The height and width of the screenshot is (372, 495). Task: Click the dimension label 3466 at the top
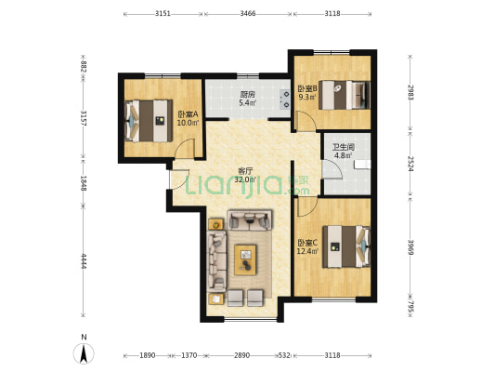click(248, 13)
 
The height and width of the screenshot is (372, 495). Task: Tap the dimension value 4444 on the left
click(84, 260)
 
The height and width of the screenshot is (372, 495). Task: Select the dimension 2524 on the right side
click(410, 164)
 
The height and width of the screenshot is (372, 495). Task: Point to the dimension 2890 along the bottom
click(241, 355)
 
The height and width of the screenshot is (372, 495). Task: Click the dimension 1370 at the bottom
click(189, 355)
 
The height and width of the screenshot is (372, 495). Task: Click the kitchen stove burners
click(284, 99)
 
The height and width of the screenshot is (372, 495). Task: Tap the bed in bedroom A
click(149, 121)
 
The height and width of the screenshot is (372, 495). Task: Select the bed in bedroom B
click(345, 95)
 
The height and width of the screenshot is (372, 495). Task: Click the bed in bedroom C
click(346, 246)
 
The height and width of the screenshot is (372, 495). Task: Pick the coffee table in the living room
click(245, 259)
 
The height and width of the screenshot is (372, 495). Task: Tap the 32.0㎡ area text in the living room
click(245, 179)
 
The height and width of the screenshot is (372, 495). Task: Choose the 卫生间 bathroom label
click(344, 147)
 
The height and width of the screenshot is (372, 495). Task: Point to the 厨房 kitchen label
click(247, 95)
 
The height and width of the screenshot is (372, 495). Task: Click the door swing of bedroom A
click(186, 148)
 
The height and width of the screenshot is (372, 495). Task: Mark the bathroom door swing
click(332, 168)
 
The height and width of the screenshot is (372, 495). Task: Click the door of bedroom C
click(307, 206)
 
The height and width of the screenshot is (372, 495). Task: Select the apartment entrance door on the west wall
click(179, 179)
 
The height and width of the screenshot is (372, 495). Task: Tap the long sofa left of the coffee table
click(216, 261)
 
